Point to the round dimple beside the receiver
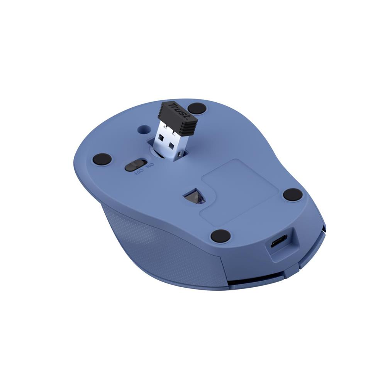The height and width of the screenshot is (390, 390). point(144,129)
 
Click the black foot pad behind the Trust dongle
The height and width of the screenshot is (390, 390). point(197,109)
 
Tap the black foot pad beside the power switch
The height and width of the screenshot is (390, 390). point(102,158)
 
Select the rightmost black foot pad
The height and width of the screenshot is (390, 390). point(293,194)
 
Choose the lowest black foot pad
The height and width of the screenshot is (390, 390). point(220,236)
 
